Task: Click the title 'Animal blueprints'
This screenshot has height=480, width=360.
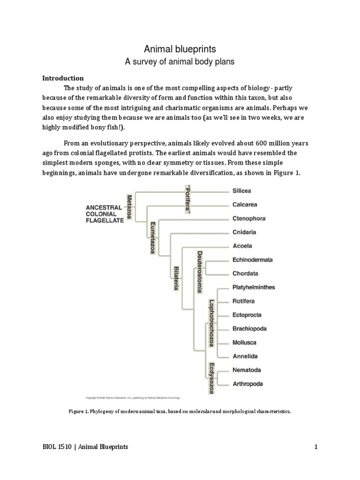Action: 180,49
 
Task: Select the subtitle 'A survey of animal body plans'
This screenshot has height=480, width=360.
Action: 180,61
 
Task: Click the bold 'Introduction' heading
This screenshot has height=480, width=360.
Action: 63,78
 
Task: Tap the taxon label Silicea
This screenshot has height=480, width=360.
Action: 242,191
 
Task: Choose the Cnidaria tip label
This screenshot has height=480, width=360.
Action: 244,232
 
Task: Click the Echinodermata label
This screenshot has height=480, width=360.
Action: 253,260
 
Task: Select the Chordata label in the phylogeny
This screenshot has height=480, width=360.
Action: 245,273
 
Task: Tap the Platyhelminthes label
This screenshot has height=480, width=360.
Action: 254,287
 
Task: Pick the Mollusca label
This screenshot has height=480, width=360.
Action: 245,342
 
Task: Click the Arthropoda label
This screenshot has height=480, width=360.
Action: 247,384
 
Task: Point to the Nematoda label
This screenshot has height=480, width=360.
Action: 247,370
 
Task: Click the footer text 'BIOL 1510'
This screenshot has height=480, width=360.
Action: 53,447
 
